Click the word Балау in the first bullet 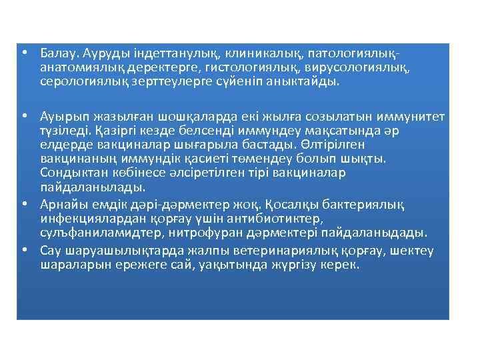click(x=57, y=51)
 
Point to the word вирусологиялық click(x=349, y=67)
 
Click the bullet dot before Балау click(x=23, y=52)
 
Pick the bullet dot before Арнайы click(x=23, y=203)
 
